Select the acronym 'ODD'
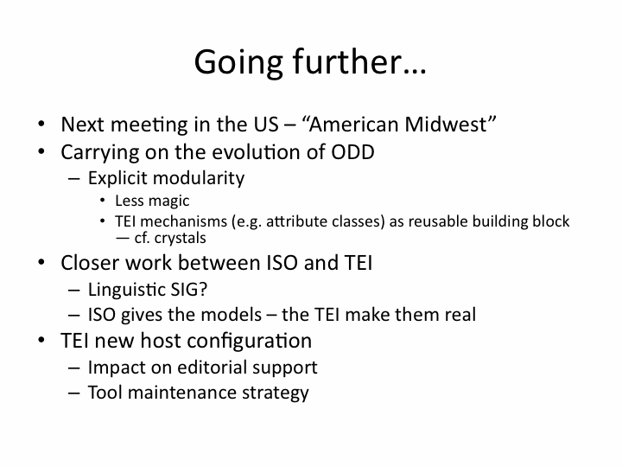[352, 152]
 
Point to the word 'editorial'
[212, 368]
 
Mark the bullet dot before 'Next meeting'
[41, 124]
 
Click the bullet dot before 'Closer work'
[41, 263]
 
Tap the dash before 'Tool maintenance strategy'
[73, 393]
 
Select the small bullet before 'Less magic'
[103, 201]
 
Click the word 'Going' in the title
[238, 62]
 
